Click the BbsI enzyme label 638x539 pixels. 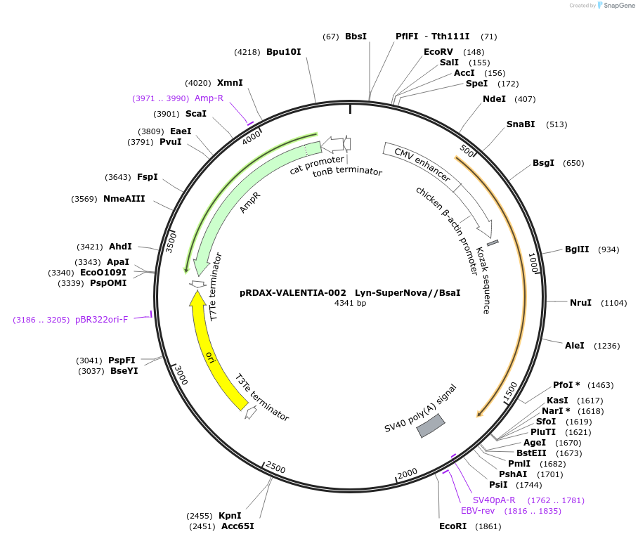(356, 37)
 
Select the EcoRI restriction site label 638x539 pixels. (453, 526)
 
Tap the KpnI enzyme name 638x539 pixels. (230, 516)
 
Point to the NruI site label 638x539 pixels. (580, 303)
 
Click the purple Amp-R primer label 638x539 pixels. (209, 98)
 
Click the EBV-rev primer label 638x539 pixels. (478, 511)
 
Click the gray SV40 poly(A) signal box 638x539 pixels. (431, 426)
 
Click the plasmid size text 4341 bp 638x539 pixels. (350, 304)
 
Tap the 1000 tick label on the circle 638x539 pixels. (532, 264)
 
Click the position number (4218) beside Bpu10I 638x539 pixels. (247, 52)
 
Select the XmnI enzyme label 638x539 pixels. (230, 83)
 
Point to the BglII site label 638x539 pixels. (577, 249)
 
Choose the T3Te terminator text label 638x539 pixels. (261, 397)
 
